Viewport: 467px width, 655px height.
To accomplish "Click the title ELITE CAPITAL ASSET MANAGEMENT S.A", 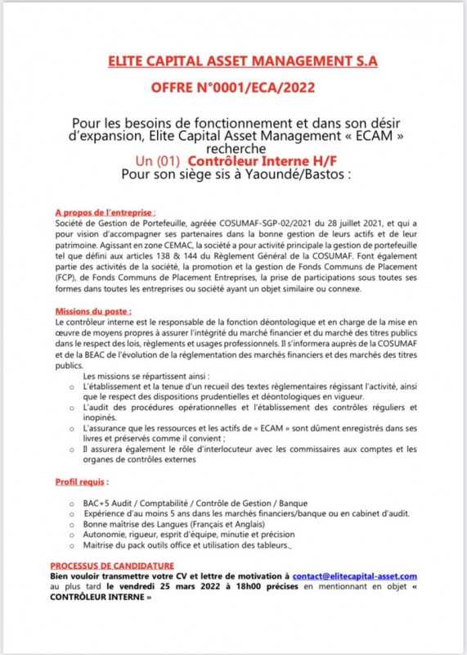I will coord(243,61).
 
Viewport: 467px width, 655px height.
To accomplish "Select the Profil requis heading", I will coord(81,482).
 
